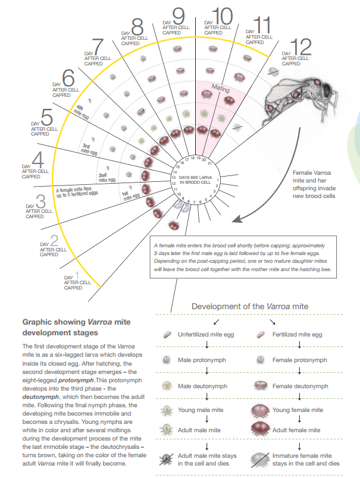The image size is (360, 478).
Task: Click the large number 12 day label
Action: (x=302, y=46)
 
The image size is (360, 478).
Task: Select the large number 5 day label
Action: (x=47, y=117)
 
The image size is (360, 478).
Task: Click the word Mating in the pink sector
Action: (x=221, y=89)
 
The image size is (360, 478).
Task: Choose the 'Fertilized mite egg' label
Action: (x=297, y=335)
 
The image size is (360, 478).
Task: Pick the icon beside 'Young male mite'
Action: (x=167, y=410)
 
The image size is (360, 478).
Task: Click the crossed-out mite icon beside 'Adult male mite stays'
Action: (x=167, y=458)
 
